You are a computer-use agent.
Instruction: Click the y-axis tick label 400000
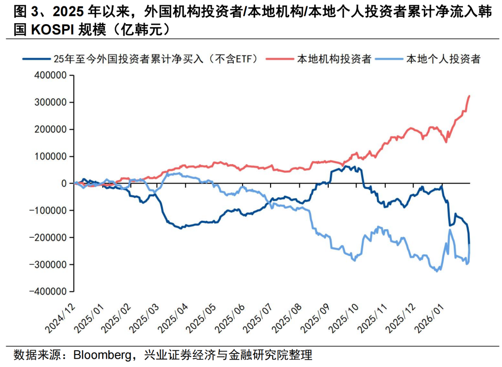pos(51,75)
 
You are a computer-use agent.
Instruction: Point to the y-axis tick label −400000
pos(49,291)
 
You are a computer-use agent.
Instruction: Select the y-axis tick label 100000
pos(51,156)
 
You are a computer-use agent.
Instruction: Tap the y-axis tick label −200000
pos(49,237)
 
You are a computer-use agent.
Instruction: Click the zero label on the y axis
pos(66,183)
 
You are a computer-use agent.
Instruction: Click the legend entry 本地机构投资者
pos(334,59)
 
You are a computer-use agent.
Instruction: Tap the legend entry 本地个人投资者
pos(443,59)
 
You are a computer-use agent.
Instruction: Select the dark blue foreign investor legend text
pos(159,59)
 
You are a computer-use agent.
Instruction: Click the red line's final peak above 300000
pos(469,96)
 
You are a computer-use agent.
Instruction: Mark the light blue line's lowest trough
pos(436,271)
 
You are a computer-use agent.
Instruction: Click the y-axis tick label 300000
pos(51,102)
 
